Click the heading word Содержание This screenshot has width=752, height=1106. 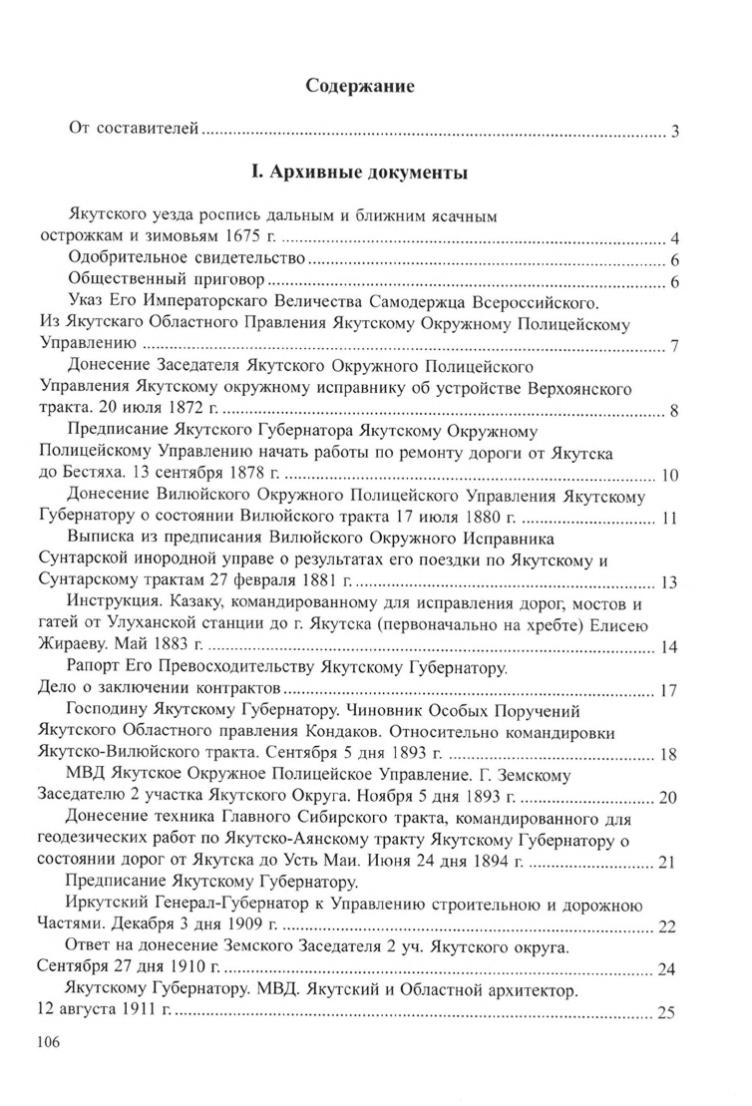[x=359, y=87]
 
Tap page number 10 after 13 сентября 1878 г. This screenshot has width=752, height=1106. [x=669, y=475]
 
